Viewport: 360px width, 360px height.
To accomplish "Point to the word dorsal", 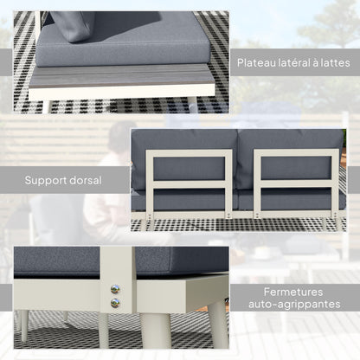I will point(87,181).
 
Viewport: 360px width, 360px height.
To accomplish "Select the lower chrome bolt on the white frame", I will point(116,303).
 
